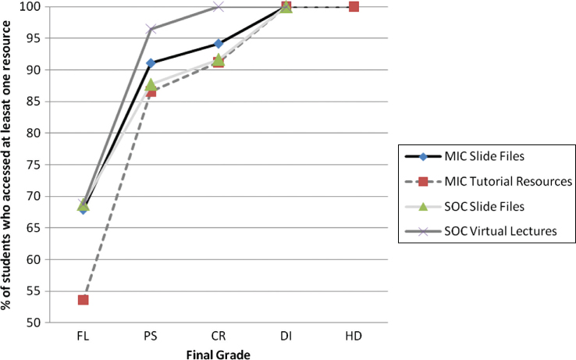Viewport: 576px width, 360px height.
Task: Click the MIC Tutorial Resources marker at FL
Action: pos(83,300)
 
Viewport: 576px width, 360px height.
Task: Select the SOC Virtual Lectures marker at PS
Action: pos(151,30)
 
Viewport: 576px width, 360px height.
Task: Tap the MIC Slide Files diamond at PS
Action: pos(151,63)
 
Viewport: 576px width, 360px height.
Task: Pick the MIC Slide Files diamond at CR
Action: pos(219,44)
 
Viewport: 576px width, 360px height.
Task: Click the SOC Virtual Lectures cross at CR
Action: pos(219,7)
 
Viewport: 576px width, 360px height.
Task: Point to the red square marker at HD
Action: pos(354,7)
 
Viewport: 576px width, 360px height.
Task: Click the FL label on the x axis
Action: pos(83,335)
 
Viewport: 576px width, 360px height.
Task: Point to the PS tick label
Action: pos(151,335)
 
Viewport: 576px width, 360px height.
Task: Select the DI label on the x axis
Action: pos(286,335)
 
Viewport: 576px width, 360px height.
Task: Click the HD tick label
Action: pos(354,335)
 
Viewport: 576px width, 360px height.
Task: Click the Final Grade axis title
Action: pos(218,352)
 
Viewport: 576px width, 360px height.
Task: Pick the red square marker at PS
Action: pos(151,91)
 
